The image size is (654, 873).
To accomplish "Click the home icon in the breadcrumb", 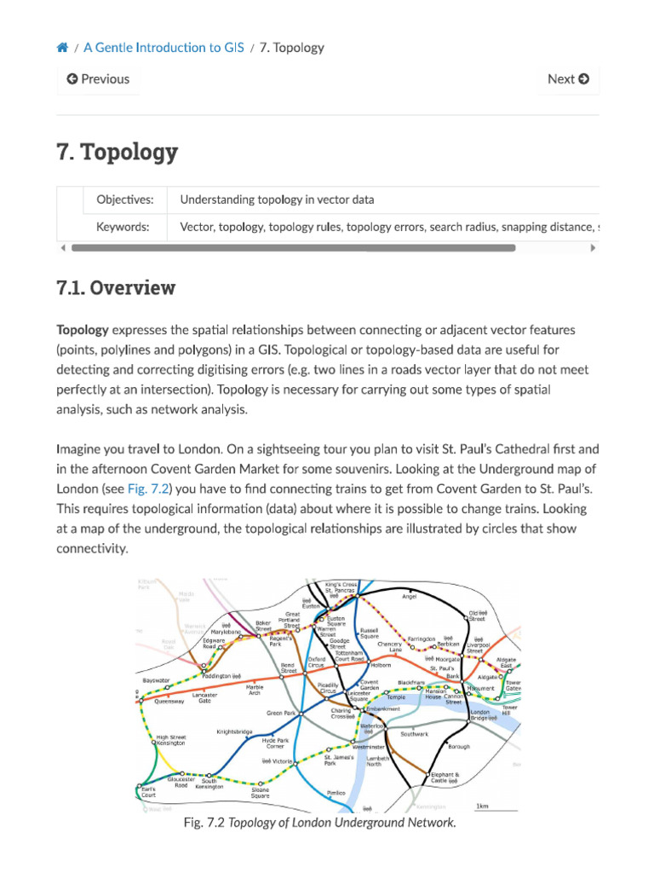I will tap(62, 48).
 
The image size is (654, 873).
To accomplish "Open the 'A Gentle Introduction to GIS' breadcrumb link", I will tap(163, 48).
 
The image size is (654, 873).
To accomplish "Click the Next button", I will tap(568, 79).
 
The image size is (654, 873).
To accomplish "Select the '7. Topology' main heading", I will tap(118, 153).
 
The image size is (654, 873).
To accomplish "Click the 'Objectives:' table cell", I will tap(125, 200).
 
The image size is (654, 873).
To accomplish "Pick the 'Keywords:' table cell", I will tap(123, 227).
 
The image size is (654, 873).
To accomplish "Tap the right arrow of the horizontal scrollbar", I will tap(594, 248).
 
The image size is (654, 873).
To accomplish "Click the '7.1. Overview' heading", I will tap(116, 288).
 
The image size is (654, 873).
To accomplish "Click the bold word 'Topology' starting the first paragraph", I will tap(83, 330).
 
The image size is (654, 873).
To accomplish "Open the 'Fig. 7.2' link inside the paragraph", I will tap(149, 489).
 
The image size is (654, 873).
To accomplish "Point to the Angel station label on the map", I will tap(410, 597).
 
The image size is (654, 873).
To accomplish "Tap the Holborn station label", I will tap(380, 664).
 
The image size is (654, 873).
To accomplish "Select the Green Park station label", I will tap(281, 713).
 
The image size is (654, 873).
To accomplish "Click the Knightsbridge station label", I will tap(234, 731).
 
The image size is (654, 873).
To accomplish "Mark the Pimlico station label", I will tap(336, 792).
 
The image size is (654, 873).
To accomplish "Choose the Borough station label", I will tap(458, 747).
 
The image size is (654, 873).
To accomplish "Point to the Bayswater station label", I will tap(157, 681).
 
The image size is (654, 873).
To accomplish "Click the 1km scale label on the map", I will tap(482, 806).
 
